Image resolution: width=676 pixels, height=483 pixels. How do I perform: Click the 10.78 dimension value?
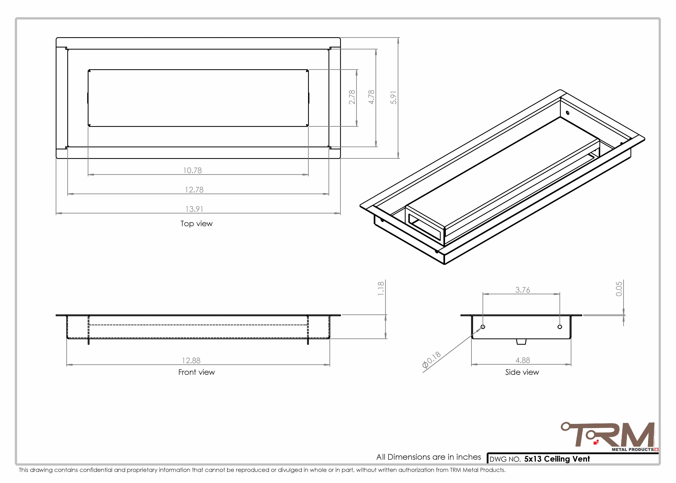[192, 170]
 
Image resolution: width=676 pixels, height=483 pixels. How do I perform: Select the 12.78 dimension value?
[194, 190]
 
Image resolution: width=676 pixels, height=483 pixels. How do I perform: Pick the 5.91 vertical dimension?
[394, 98]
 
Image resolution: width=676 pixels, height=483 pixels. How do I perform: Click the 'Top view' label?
[197, 224]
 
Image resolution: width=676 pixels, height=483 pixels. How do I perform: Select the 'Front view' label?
[197, 372]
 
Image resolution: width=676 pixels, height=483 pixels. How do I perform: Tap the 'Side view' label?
[522, 372]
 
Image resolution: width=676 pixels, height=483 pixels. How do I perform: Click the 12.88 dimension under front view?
[191, 360]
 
